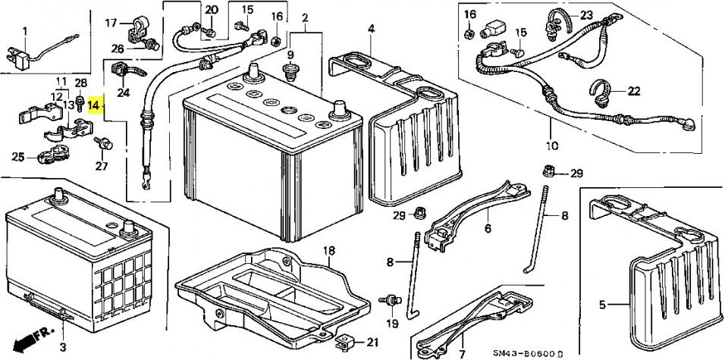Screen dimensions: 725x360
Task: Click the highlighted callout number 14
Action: click(x=93, y=106)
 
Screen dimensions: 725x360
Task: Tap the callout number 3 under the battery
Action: click(x=64, y=346)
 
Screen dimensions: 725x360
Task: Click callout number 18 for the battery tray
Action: click(x=328, y=251)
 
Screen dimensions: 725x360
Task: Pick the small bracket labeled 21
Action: click(x=344, y=343)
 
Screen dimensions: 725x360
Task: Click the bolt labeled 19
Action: click(x=391, y=302)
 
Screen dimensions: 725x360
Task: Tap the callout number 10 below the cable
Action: click(x=551, y=146)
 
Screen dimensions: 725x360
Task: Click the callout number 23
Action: click(x=586, y=15)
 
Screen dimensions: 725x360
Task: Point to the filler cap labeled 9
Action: click(x=290, y=73)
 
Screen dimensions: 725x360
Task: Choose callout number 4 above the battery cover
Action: click(x=372, y=28)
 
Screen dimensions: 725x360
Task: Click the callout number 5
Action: click(x=602, y=305)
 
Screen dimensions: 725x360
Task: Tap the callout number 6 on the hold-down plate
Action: click(x=488, y=228)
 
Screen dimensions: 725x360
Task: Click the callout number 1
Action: click(x=24, y=31)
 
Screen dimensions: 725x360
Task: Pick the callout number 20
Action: click(x=211, y=10)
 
